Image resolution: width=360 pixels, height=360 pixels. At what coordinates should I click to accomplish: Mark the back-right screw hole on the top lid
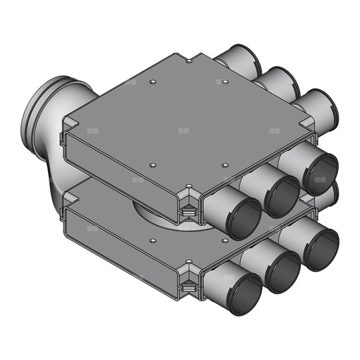coord(225,82)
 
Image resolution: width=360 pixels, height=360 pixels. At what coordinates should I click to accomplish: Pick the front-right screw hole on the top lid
coord(225,164)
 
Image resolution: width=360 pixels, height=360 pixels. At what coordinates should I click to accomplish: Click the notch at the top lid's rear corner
coord(189,60)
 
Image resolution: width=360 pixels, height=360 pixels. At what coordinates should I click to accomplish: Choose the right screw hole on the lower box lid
coord(225,240)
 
